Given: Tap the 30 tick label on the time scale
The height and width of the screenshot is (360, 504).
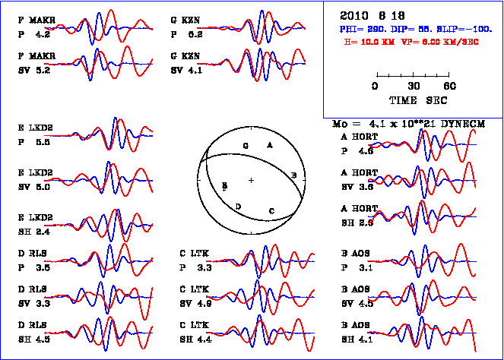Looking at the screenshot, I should (x=414, y=87).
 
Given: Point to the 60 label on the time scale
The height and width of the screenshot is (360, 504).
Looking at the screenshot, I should (x=450, y=87).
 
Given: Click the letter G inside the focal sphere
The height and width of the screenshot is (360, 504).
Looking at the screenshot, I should (x=245, y=144).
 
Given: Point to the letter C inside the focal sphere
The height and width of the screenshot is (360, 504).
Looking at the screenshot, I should (x=271, y=210).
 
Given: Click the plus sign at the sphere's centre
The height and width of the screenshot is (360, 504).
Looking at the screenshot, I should (x=251, y=179).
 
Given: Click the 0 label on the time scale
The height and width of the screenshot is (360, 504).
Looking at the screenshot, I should (x=376, y=87).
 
